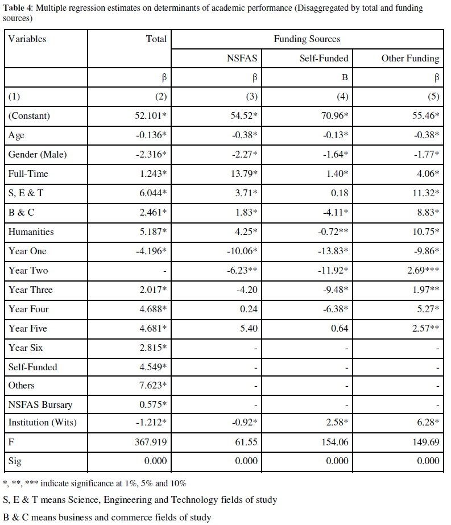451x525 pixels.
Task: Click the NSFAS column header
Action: pos(243,58)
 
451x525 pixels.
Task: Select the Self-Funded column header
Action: pos(324,58)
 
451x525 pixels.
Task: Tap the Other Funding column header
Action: pos(410,58)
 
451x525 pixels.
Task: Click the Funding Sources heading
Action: pos(307,39)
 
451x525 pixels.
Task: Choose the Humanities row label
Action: pos(31,232)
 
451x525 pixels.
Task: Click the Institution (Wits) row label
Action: pos(42,422)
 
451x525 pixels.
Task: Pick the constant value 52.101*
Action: pos(149,116)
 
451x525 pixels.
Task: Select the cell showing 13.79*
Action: pos(245,174)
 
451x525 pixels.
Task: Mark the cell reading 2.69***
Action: pos(423,271)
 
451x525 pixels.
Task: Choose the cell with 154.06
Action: pos(334,441)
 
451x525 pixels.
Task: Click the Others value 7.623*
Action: pos(152,386)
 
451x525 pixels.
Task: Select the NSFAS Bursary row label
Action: pos(40,405)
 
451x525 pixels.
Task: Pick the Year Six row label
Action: pos(26,348)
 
